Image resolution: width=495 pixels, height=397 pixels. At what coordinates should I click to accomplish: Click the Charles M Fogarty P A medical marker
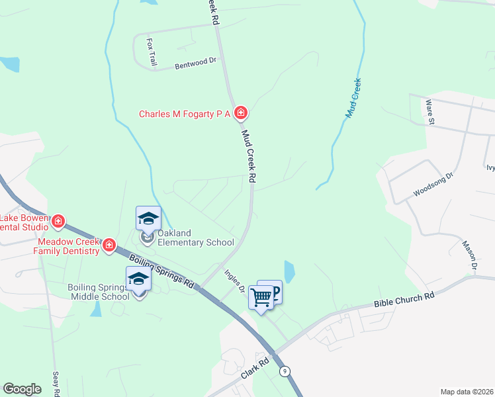coord(242,113)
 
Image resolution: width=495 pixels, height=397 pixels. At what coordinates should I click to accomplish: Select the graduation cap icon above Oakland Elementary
coord(148,218)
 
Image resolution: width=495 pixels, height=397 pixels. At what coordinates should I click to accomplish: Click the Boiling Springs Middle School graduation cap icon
coord(138,279)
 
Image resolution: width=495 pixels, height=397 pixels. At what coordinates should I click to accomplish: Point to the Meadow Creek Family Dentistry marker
coord(109,246)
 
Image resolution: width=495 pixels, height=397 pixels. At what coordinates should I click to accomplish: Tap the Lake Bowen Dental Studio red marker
coord(58,220)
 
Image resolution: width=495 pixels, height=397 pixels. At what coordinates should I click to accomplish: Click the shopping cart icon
coord(261,298)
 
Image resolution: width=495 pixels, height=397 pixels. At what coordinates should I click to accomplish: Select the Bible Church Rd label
coord(404,298)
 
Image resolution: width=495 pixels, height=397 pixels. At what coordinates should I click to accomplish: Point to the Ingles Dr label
coord(235,280)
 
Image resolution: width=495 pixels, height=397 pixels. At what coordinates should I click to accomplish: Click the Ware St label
coord(430,112)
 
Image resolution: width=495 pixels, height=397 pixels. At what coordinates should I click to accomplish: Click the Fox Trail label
coord(151,51)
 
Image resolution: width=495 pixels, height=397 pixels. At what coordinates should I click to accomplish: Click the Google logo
coord(22,389)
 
